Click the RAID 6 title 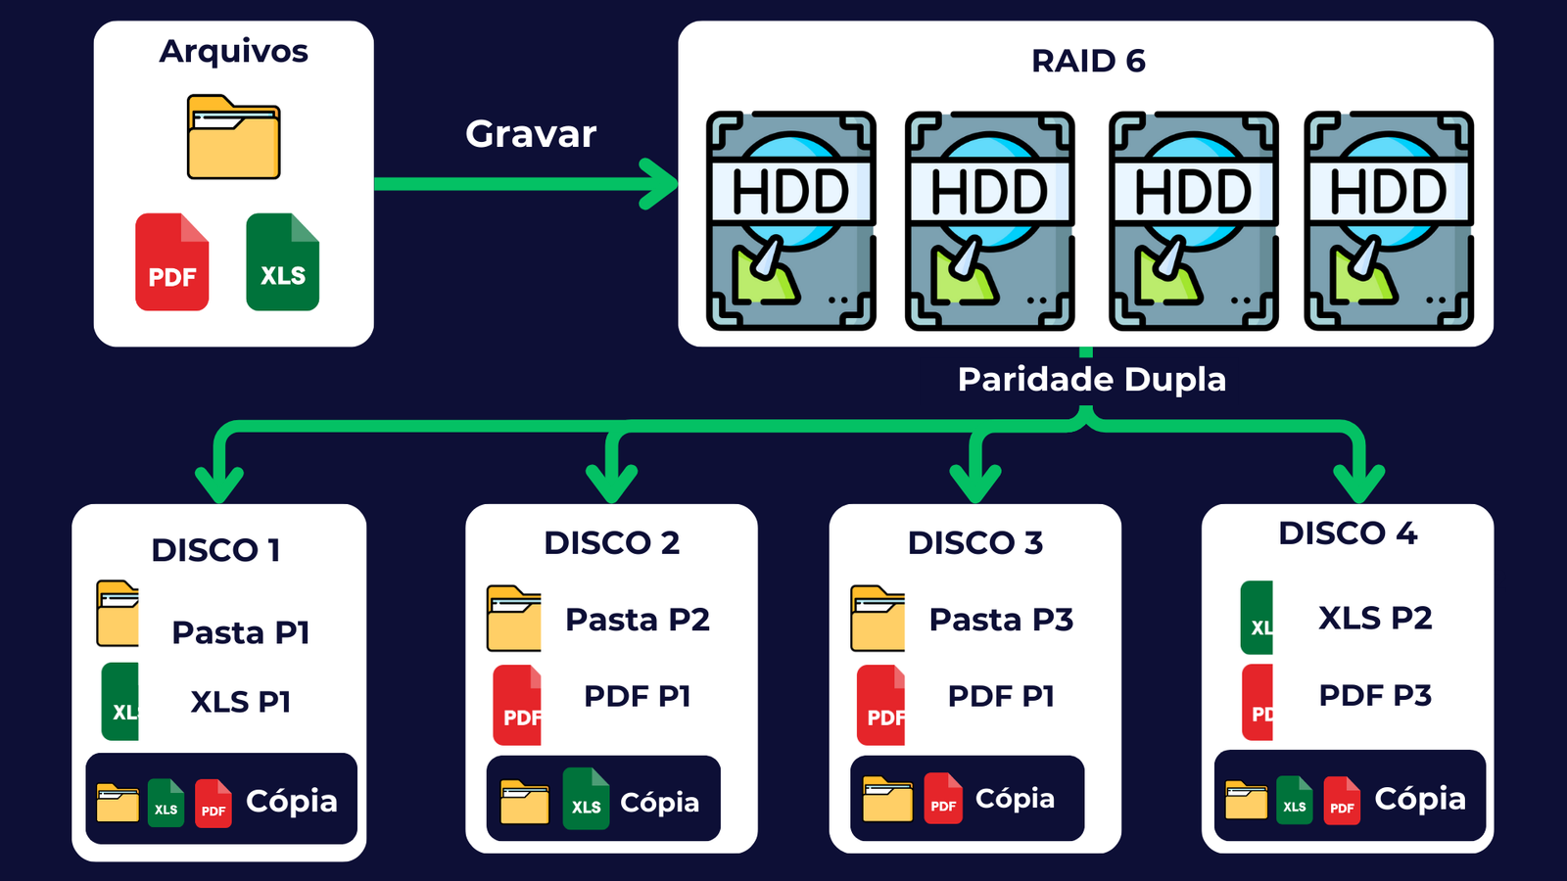[1087, 61]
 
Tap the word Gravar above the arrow [531, 134]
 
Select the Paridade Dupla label [1091, 380]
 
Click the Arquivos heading [233, 51]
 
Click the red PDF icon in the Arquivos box [172, 262]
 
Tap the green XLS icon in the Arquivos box [283, 262]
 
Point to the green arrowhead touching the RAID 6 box [660, 184]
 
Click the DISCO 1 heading [215, 550]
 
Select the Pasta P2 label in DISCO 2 [638, 620]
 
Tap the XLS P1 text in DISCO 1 [241, 702]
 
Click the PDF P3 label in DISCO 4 [1375, 695]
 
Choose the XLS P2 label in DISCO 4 [1375, 618]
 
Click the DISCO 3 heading [975, 542]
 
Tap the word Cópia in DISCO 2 [659, 803]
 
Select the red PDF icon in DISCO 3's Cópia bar [943, 799]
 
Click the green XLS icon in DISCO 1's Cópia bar [166, 804]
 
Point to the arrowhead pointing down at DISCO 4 [1358, 483]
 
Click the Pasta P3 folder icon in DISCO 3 [878, 619]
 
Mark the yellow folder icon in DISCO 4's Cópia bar [1247, 800]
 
